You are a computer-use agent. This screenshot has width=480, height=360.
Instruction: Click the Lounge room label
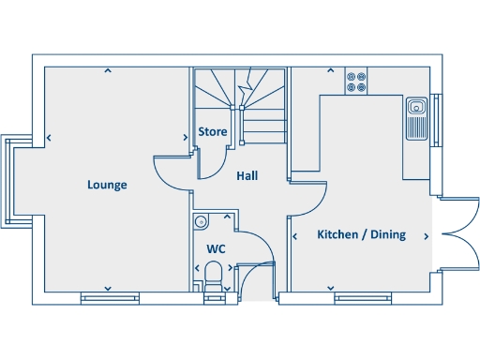(107, 185)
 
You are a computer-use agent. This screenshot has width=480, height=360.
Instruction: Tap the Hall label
(247, 175)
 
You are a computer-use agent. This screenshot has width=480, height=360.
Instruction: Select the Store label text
(213, 132)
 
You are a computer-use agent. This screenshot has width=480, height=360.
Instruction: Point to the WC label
(216, 249)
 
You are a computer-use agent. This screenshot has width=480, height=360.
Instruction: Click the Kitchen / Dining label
(361, 234)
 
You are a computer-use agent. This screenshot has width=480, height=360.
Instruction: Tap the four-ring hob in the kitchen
(355, 82)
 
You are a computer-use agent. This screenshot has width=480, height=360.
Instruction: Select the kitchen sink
(416, 119)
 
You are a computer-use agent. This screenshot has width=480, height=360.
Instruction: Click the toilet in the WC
(214, 275)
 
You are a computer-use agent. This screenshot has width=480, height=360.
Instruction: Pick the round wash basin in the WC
(200, 222)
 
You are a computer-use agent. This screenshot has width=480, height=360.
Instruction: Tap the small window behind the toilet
(215, 299)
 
